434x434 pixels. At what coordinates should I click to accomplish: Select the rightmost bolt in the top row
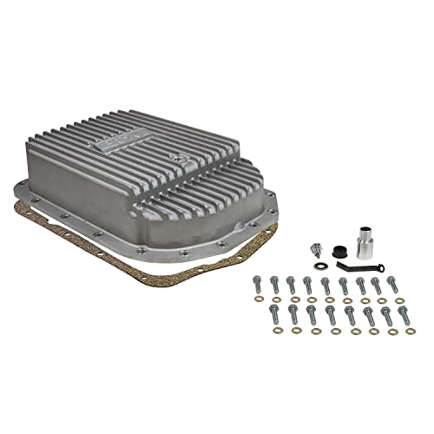tap(392, 283)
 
